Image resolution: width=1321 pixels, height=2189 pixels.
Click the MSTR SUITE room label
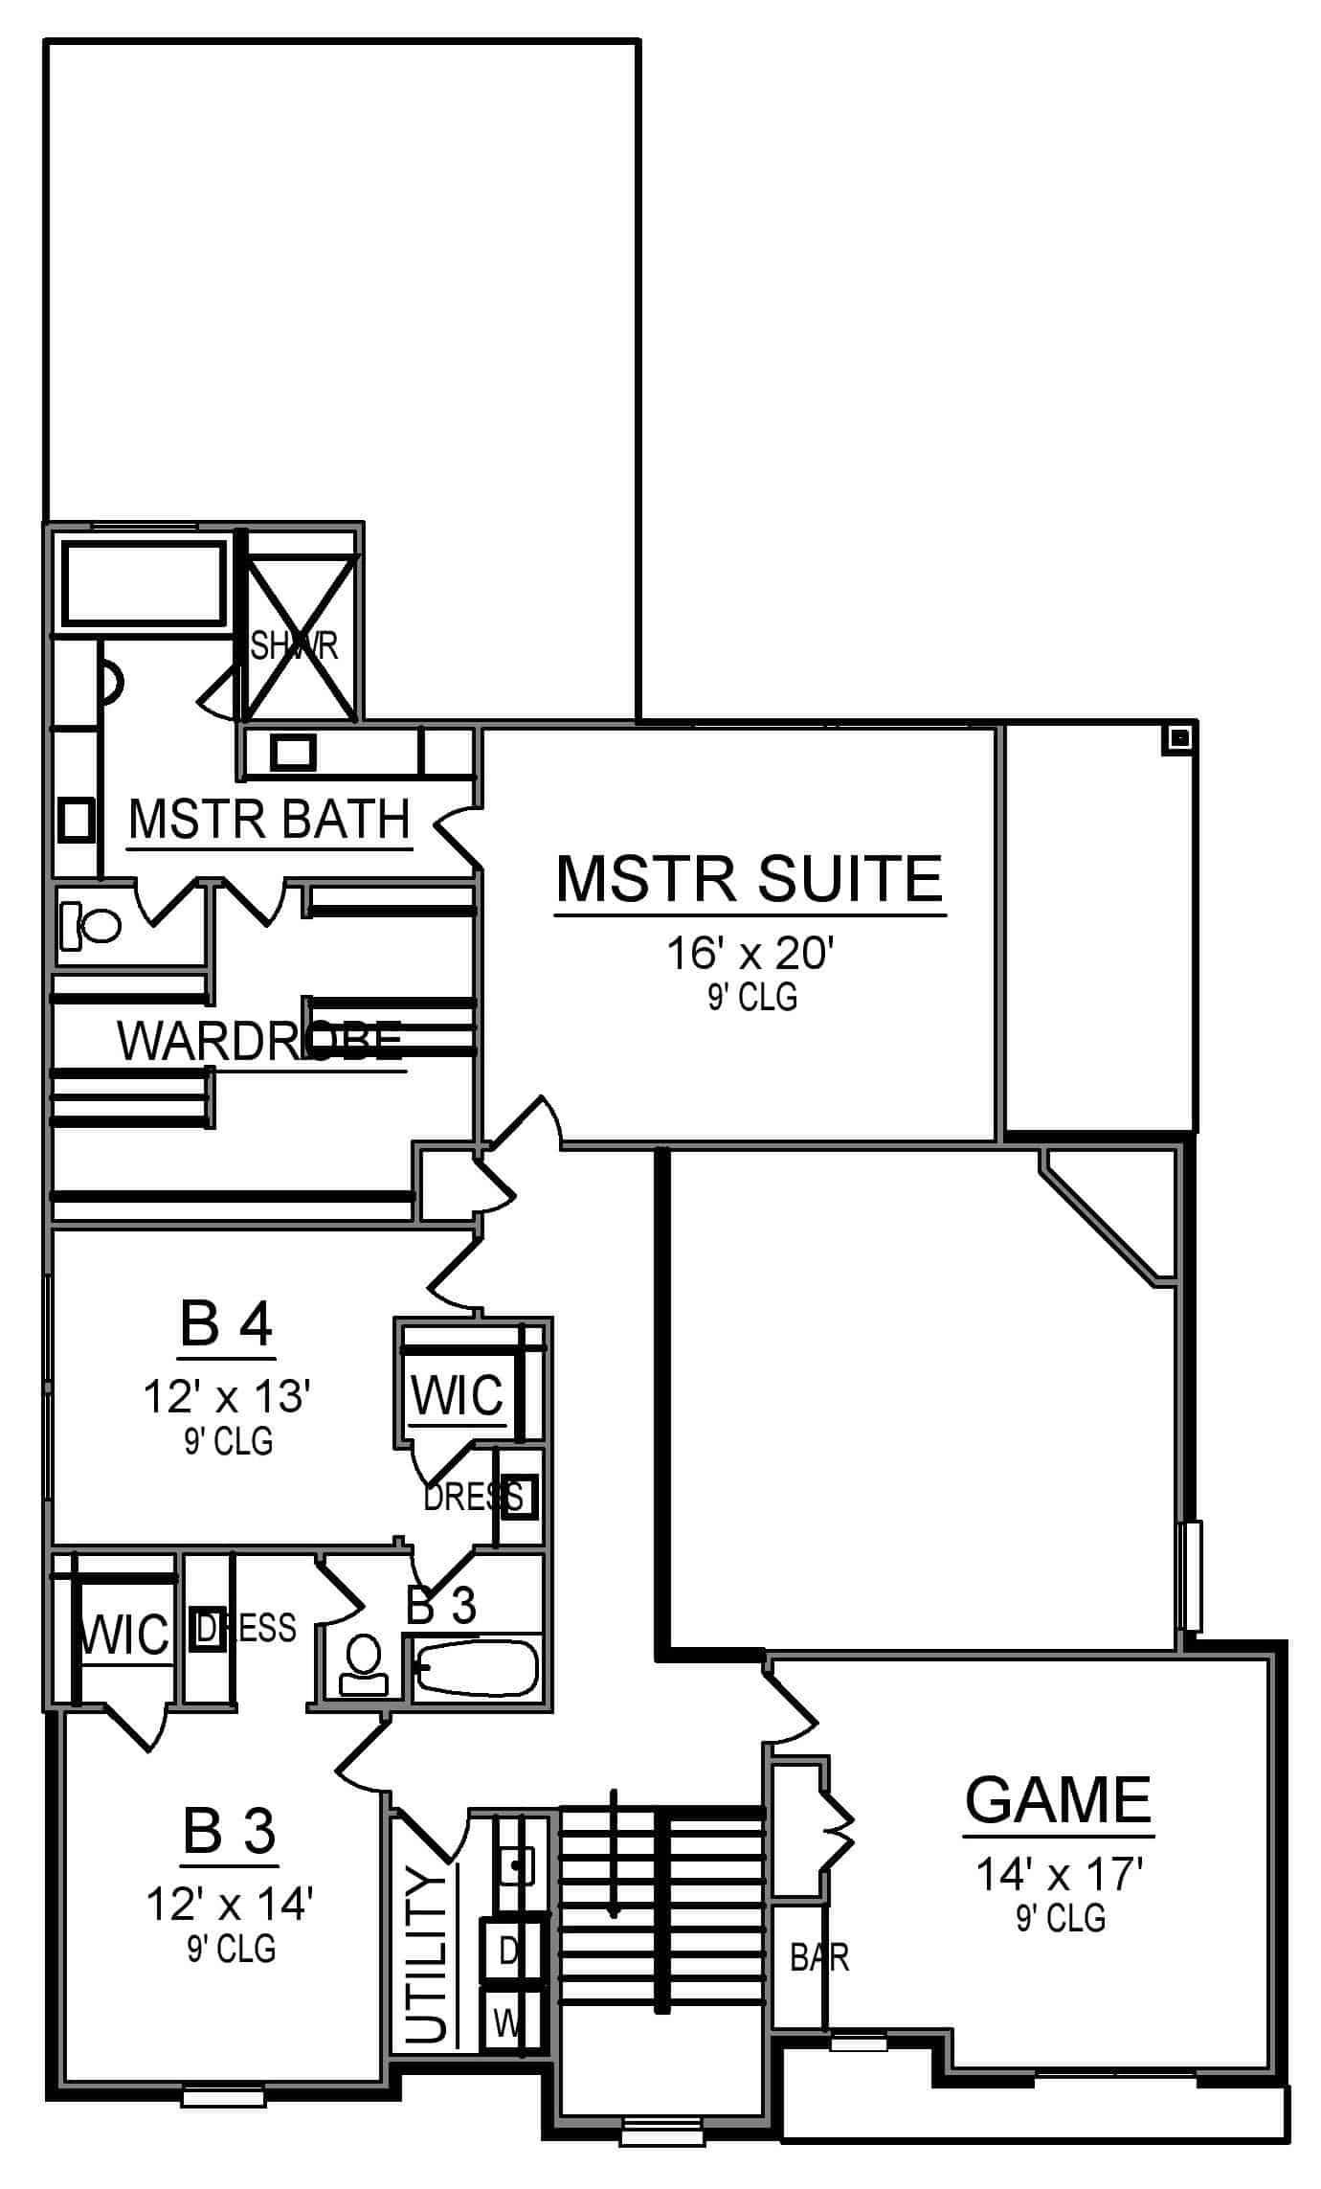pyautogui.click(x=750, y=878)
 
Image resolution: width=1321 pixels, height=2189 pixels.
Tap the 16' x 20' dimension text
pyautogui.click(x=751, y=955)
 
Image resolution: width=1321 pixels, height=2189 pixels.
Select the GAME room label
pyautogui.click(x=1057, y=1799)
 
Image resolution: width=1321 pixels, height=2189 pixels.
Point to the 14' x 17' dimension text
pyautogui.click(x=1060, y=1874)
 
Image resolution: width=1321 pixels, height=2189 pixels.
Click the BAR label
pyautogui.click(x=819, y=1957)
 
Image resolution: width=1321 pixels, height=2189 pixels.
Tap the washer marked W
pyautogui.click(x=508, y=2023)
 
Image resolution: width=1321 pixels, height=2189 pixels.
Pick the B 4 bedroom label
pyautogui.click(x=227, y=1325)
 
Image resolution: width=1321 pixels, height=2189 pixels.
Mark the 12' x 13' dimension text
pyautogui.click(x=227, y=1397)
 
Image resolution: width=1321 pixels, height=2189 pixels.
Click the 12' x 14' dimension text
pyautogui.click(x=230, y=1904)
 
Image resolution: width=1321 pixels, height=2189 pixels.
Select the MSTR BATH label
pyautogui.click(x=269, y=820)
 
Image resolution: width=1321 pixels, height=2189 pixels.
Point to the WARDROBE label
pyautogui.click(x=258, y=1041)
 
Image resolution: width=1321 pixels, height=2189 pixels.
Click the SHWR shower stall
pyautogui.click(x=299, y=637)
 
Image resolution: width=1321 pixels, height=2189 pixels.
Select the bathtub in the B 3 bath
pyautogui.click(x=477, y=1668)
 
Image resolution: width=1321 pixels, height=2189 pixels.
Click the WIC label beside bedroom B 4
pyautogui.click(x=457, y=1396)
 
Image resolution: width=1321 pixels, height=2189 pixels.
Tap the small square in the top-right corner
pyautogui.click(x=1180, y=738)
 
